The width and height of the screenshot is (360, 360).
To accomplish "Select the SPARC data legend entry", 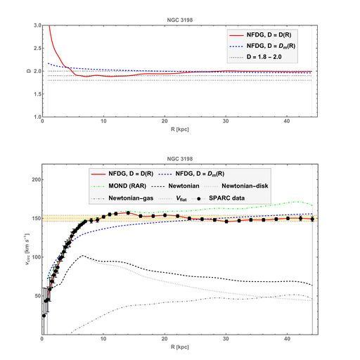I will click(x=243, y=199).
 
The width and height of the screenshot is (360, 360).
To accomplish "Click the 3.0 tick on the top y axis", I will click(x=36, y=25).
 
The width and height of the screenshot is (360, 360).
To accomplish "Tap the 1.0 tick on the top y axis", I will click(x=36, y=117).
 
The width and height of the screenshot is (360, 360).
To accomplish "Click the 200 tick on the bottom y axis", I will click(x=34, y=179).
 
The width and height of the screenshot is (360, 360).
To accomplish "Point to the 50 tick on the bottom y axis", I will click(x=36, y=296).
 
